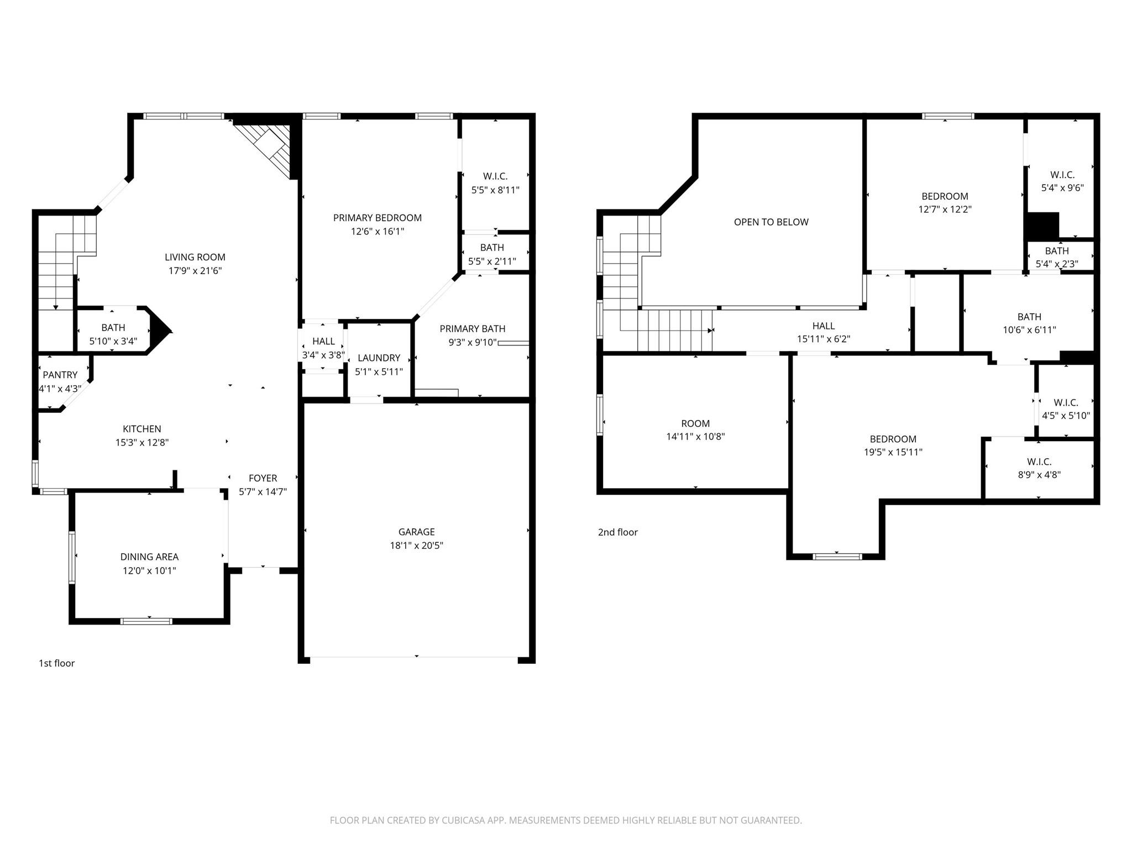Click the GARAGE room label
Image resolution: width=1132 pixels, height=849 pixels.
(416, 532)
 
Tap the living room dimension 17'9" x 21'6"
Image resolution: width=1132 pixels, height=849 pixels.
(195, 271)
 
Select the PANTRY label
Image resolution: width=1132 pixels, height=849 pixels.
(60, 375)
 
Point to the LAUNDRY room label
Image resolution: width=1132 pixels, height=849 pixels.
(379, 358)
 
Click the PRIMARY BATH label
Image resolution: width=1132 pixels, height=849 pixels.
(472, 329)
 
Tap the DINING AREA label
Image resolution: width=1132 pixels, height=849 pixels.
(149, 557)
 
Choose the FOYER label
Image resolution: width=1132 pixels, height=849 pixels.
(263, 478)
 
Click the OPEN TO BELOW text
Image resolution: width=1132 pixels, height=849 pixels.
(771, 222)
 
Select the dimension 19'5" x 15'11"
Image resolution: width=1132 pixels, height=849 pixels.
(893, 452)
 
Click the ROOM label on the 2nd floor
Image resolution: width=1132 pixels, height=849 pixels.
(695, 423)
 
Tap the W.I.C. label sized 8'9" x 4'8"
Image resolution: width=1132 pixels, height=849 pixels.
(1039, 462)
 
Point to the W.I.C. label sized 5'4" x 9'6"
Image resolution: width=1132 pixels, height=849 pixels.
(1062, 175)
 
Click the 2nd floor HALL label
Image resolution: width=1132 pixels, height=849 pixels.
(824, 326)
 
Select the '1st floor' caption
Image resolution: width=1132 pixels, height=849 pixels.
(56, 663)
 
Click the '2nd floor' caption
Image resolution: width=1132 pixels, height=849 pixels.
(617, 532)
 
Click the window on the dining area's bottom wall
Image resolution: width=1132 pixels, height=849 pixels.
(146, 621)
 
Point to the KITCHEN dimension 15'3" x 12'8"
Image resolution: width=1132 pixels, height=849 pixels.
(141, 443)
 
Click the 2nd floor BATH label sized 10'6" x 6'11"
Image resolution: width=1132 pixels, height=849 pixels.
(1029, 317)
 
